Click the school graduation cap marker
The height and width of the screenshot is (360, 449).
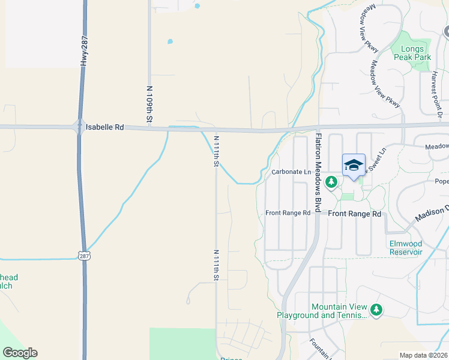354,165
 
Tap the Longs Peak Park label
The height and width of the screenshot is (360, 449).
412,53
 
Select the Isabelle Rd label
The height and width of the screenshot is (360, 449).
104,127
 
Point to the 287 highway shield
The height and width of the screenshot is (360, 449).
84,255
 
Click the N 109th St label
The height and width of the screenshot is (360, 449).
149,104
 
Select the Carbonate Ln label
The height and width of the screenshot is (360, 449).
291,172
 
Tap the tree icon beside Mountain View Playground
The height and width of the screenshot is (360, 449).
376,310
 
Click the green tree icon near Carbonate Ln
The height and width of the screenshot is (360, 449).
330,181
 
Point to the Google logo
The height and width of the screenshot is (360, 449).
20,353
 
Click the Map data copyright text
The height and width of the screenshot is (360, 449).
423,355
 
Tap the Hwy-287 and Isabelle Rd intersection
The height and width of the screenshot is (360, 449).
79,127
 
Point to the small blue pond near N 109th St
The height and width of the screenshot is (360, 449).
170,42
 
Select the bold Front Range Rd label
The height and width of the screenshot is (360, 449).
355,214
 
